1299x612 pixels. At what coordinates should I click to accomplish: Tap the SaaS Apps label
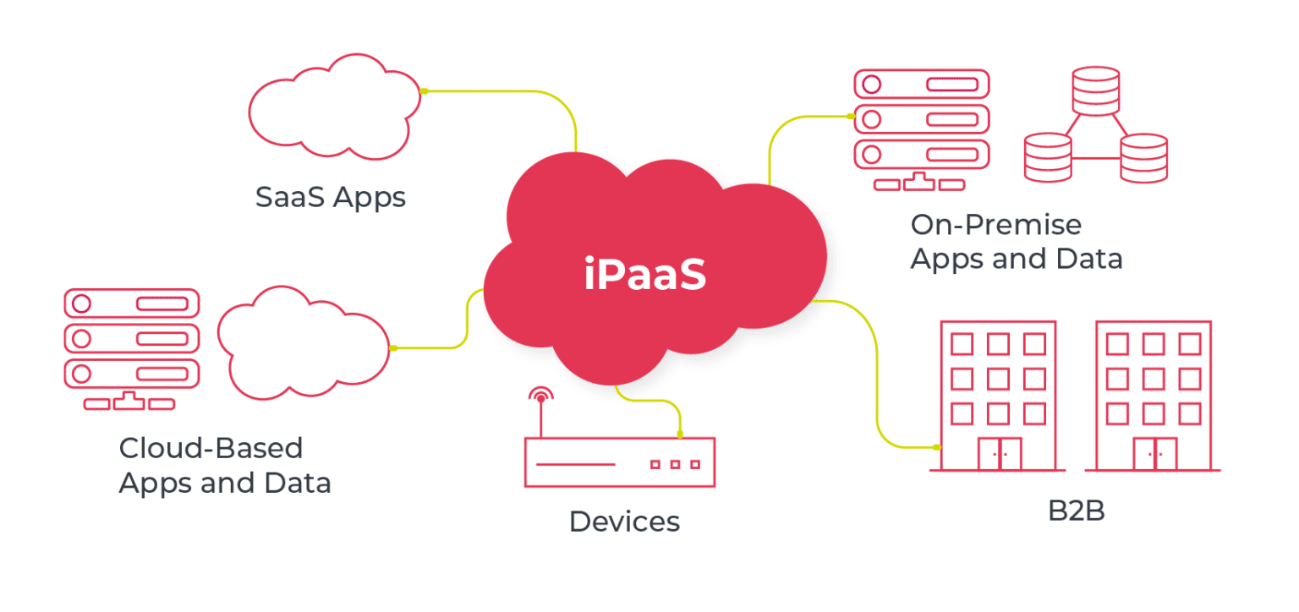click(x=331, y=197)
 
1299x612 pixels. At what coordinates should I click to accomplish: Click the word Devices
click(x=624, y=521)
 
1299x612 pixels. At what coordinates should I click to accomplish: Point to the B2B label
click(x=1077, y=511)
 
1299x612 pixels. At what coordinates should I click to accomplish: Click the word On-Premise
click(x=995, y=225)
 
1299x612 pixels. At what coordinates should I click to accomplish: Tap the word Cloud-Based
click(x=211, y=447)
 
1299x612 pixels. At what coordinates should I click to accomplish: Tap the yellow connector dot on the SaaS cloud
click(x=425, y=90)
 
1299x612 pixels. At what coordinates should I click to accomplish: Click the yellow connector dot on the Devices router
click(x=680, y=434)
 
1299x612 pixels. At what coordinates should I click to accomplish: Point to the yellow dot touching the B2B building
click(x=936, y=447)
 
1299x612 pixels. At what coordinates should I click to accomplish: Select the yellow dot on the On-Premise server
click(x=852, y=117)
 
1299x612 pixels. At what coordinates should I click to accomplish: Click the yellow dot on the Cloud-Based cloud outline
click(x=392, y=348)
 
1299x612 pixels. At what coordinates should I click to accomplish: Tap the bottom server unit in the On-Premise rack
click(x=921, y=156)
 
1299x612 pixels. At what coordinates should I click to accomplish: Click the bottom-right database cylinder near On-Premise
click(x=1143, y=157)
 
